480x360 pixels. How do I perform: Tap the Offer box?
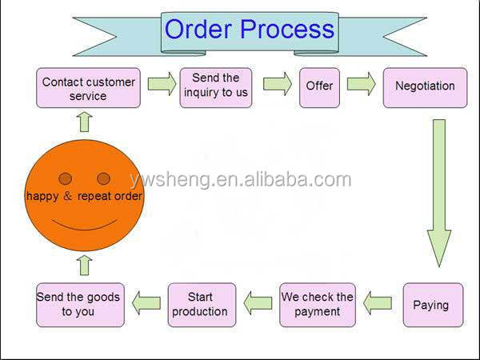pyautogui.click(x=319, y=86)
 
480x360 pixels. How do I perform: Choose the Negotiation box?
pyautogui.click(x=425, y=86)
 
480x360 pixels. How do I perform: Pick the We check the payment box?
pyautogui.click(x=317, y=305)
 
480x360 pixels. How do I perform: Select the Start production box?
pyautogui.click(x=200, y=305)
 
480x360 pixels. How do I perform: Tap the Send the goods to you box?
pyautogui.click(x=78, y=305)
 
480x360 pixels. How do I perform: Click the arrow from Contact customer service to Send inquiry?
pyautogui.click(x=162, y=85)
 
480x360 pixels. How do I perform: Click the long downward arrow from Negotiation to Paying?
pyautogui.click(x=438, y=192)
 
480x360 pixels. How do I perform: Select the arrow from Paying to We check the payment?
pyautogui.click(x=378, y=302)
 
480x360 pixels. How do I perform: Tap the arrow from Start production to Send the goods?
pyautogui.click(x=146, y=302)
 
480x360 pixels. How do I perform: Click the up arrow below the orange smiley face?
pyautogui.click(x=84, y=265)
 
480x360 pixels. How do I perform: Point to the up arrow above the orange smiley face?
pyautogui.click(x=84, y=122)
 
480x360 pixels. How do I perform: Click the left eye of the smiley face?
pyautogui.click(x=66, y=178)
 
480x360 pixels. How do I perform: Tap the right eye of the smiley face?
pyautogui.click(x=103, y=178)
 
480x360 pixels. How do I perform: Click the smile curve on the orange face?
pyautogui.click(x=84, y=221)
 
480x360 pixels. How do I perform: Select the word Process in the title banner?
pyautogui.click(x=287, y=30)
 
